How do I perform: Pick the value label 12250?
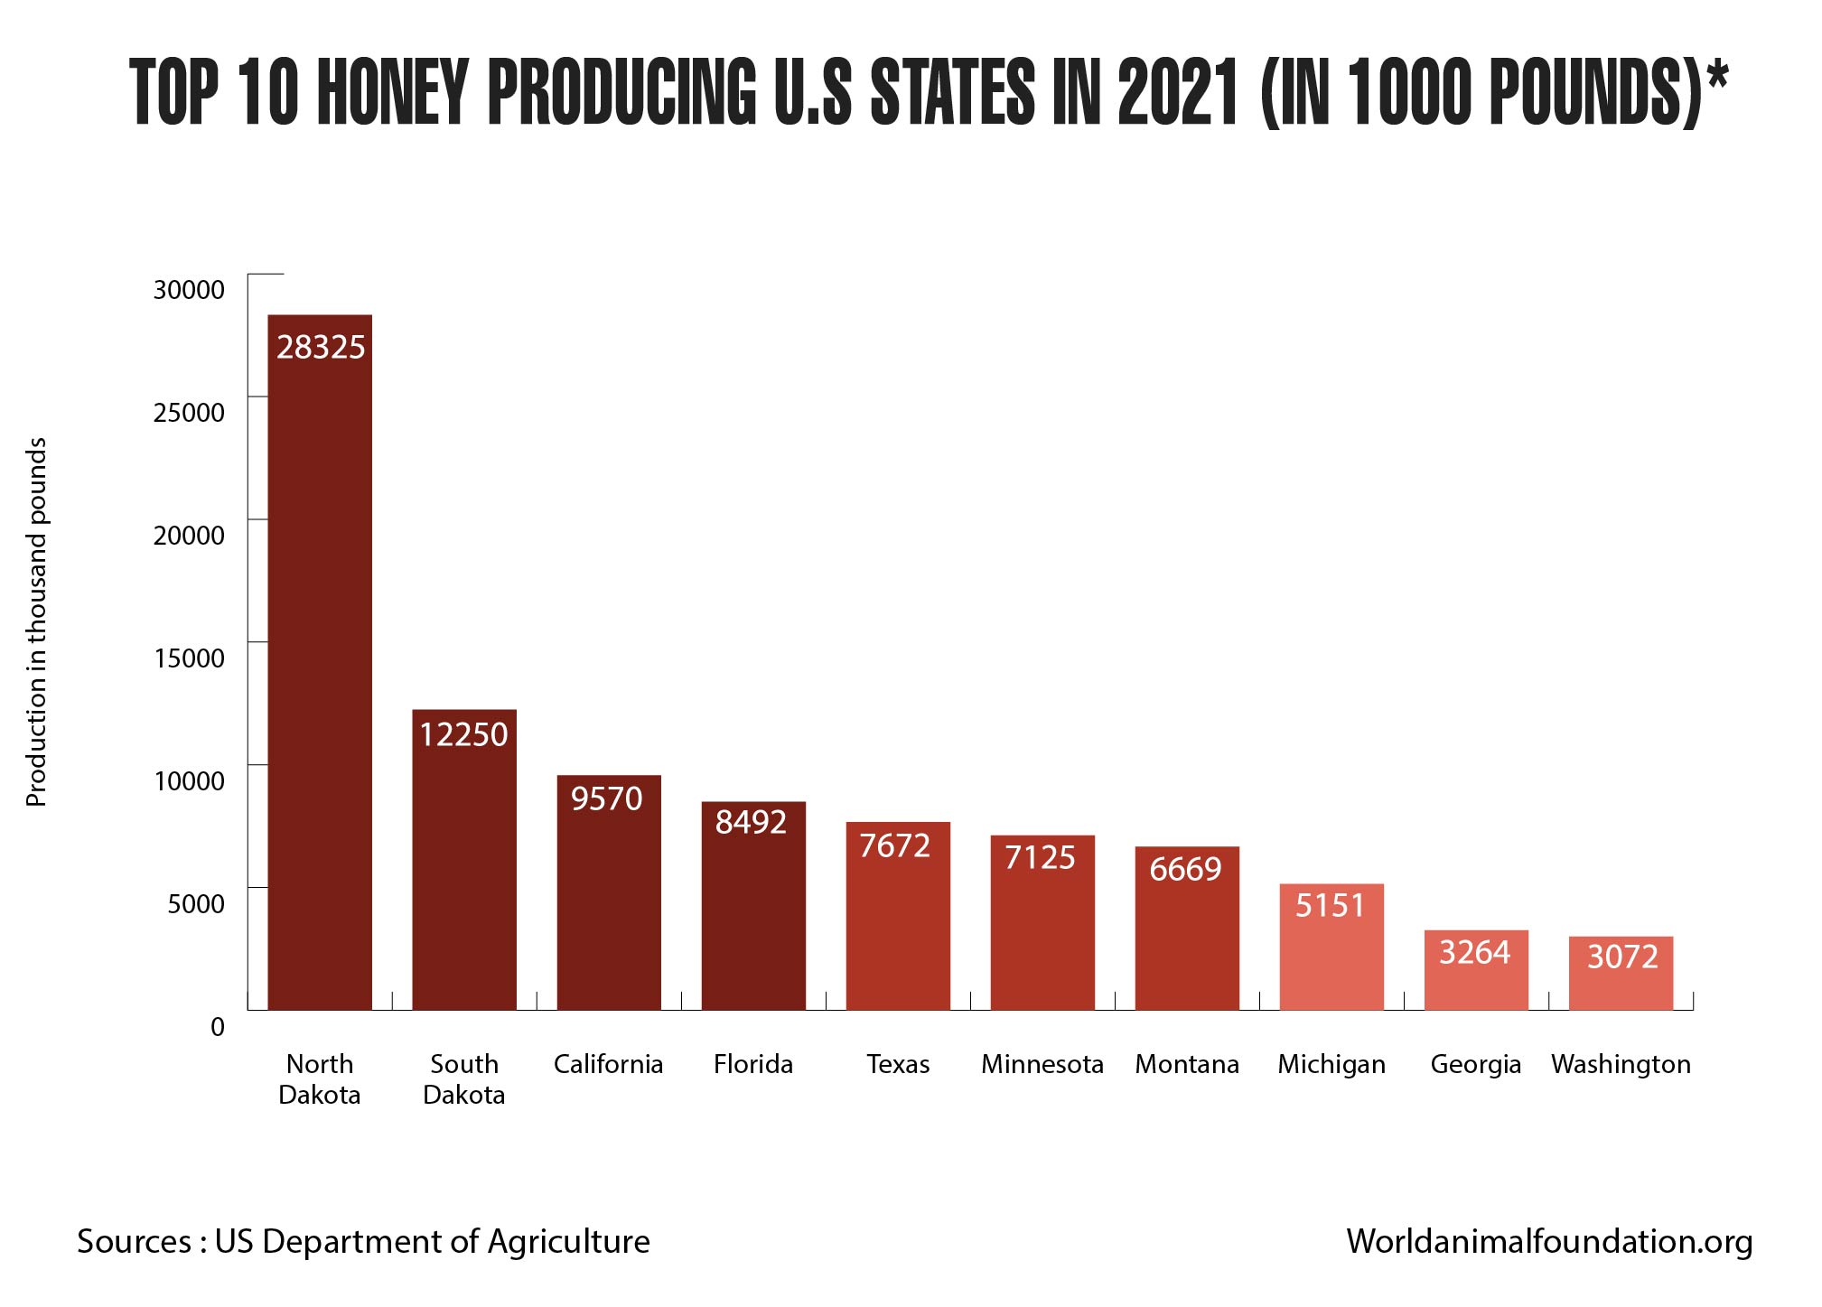point(464,735)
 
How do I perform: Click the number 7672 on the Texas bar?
point(895,846)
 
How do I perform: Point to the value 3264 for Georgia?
point(1474,953)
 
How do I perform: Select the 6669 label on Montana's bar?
point(1185,870)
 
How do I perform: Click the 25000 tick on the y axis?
point(189,413)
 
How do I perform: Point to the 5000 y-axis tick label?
point(196,904)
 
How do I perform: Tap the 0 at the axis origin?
point(218,1027)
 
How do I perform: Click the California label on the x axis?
point(608,1065)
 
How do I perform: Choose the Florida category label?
point(753,1065)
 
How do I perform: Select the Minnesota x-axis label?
point(1042,1065)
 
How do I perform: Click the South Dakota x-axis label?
point(464,1079)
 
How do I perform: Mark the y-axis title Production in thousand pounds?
point(36,622)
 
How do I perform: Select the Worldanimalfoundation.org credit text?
point(1549,1241)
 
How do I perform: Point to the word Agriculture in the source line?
point(569,1242)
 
